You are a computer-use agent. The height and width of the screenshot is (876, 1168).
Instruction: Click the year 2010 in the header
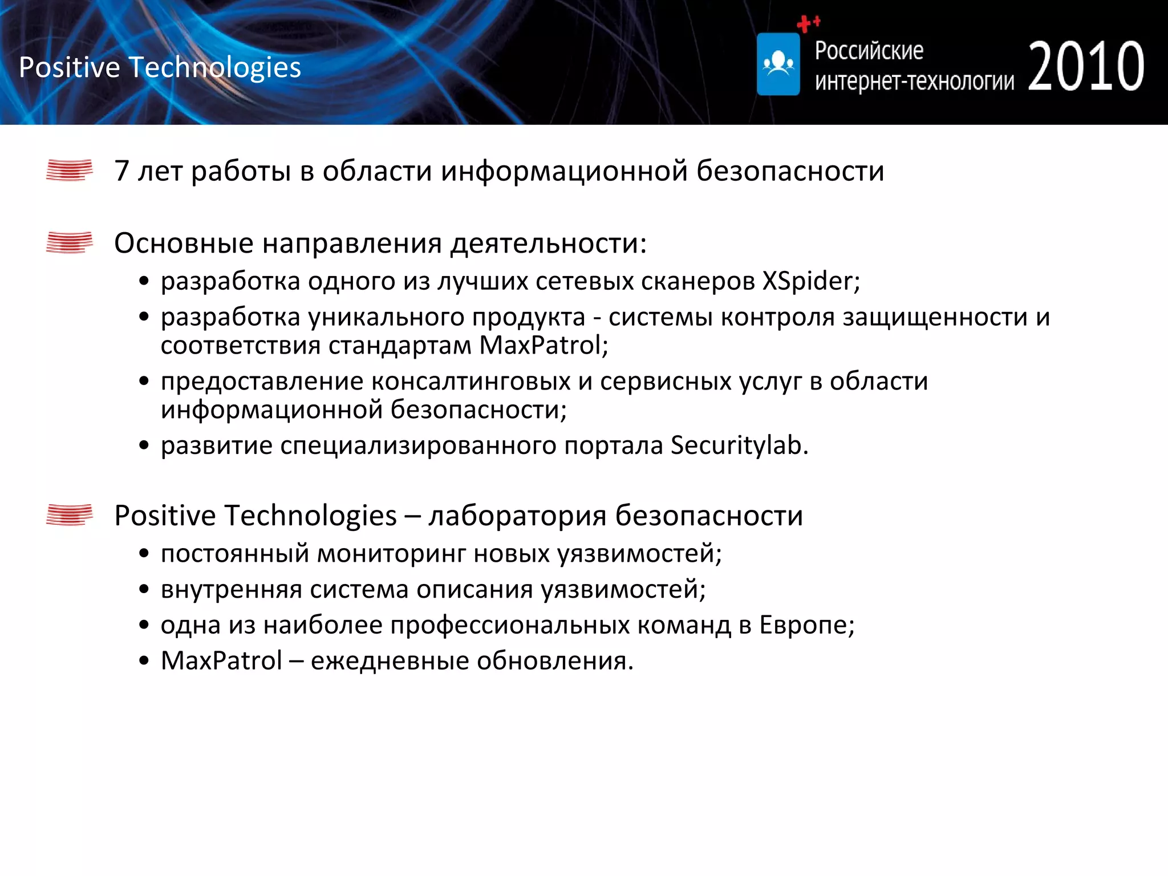point(1086,67)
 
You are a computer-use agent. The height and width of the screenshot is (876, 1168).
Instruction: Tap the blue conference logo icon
point(778,64)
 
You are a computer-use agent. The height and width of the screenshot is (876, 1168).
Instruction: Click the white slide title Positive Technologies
point(160,67)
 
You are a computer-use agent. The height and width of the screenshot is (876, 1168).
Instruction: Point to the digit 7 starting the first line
point(121,171)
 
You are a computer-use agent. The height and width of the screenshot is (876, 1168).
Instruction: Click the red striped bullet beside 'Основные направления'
point(69,242)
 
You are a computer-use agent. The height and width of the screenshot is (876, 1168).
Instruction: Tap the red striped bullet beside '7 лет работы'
point(69,170)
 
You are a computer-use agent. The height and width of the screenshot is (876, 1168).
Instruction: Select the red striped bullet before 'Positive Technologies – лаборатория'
point(69,515)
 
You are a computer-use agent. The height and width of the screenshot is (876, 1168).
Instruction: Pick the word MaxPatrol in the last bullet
point(221,661)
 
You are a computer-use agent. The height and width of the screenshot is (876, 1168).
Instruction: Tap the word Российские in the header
point(869,51)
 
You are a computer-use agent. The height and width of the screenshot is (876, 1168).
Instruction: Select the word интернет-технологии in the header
point(914,82)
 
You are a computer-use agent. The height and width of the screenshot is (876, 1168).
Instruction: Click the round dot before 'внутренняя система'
point(144,590)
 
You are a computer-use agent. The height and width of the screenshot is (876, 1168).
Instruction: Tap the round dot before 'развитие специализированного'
point(144,445)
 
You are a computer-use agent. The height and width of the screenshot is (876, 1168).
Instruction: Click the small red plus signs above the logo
point(808,23)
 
